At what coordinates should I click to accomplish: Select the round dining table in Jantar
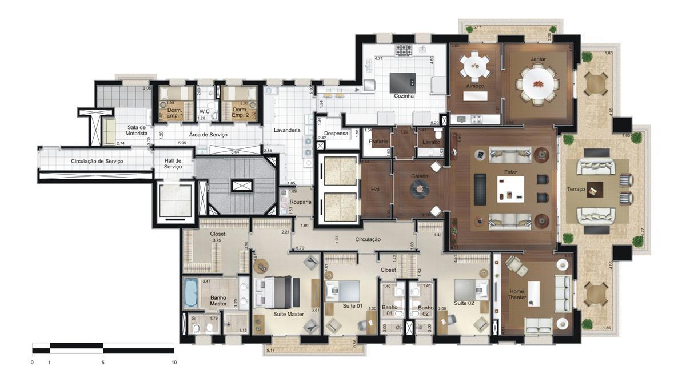pos(537,83)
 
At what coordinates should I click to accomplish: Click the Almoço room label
pos(475,86)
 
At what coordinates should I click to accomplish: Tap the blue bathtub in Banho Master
pos(190,292)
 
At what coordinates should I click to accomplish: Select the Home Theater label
pos(517,295)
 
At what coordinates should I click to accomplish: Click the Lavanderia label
pos(286,130)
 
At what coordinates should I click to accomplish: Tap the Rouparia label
pos(301,202)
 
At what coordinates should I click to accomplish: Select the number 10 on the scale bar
pos(174,363)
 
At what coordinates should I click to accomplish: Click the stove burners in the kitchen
pos(405,49)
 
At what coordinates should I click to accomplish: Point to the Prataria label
pos(378,142)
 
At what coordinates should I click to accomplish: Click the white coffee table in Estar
pos(510,188)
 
